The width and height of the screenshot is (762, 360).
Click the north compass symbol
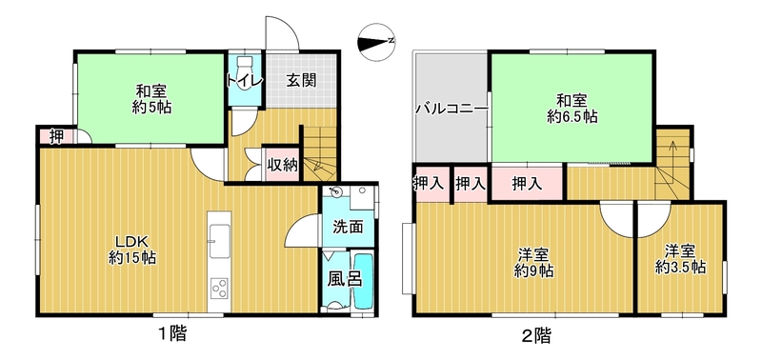pos(375,42)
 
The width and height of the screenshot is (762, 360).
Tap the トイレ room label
pos(245,80)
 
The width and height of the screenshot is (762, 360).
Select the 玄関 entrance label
pos(301,80)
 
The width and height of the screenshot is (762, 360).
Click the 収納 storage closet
pos(282,164)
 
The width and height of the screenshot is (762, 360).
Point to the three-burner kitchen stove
pos(220,287)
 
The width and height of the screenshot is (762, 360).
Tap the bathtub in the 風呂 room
pos(363,281)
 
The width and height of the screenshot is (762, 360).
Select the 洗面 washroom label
pos(349,227)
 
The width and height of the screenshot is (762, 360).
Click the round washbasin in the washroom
pos(336,192)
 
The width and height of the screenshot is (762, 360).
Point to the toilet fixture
pos(245,64)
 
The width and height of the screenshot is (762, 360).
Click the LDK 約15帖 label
pos(131,250)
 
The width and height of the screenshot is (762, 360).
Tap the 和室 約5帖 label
pos(151,99)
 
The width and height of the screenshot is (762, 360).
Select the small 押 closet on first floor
pos(56,136)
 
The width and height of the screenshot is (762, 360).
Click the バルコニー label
pos(451,108)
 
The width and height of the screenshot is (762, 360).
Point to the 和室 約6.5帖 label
pos(572,110)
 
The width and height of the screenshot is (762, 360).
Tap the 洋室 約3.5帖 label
pos(680,259)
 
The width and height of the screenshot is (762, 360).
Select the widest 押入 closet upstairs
pos(527,183)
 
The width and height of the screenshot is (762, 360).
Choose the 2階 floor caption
pos(536,334)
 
